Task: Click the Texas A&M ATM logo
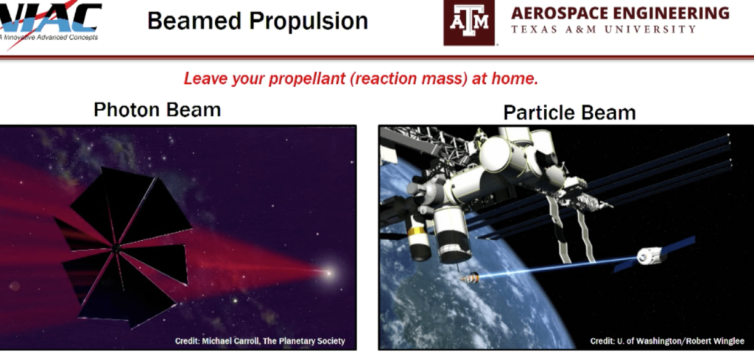tap(469, 23)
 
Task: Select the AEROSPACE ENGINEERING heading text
tap(620, 13)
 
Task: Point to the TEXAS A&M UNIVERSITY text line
tap(603, 29)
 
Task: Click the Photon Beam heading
tap(157, 110)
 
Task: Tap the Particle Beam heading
tap(569, 112)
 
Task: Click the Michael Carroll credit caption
tap(259, 341)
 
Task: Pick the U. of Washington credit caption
tap(666, 341)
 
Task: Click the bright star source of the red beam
tap(328, 273)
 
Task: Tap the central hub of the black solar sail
tap(116, 251)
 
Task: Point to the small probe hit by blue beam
tap(469, 278)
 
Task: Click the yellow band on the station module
tap(418, 232)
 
